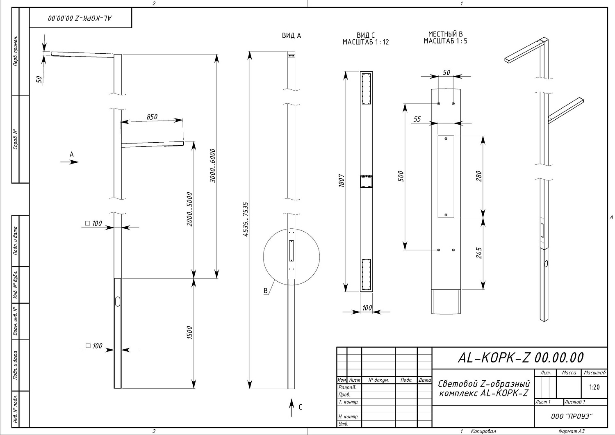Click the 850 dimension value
pos(152,117)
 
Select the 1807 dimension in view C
pos(342,180)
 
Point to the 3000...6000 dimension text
pos(212,166)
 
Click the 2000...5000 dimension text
pos(190,209)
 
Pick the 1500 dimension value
pos(190,332)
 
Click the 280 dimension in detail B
pos(479,176)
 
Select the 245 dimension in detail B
pos(479,253)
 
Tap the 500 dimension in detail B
pos(401,176)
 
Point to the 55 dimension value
pos(417,119)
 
